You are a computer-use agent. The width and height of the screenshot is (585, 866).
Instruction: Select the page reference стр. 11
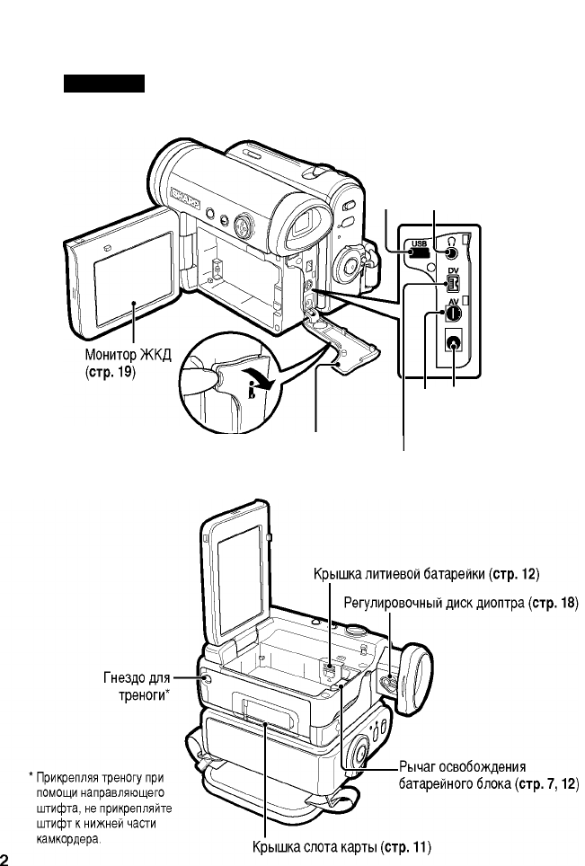click(408, 846)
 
